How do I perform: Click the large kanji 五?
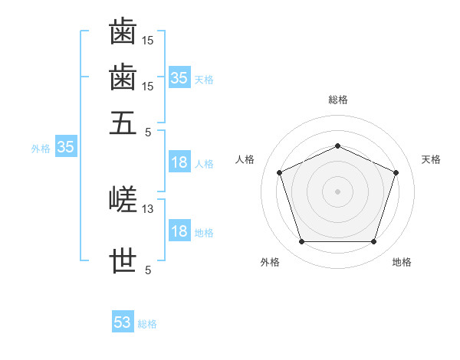click(123, 123)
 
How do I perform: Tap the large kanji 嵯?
click(123, 199)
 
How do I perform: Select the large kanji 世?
click(123, 260)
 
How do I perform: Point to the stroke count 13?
click(147, 209)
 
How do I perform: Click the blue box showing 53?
click(123, 321)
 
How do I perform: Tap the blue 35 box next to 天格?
click(179, 77)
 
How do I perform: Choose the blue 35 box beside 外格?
click(66, 146)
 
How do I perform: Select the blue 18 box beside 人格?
click(179, 162)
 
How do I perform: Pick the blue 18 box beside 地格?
click(179, 230)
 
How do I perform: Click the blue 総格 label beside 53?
click(147, 324)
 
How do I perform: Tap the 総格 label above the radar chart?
click(338, 100)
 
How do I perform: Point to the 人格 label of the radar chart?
click(245, 159)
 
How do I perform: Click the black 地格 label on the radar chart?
click(402, 262)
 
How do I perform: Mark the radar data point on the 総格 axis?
click(337, 146)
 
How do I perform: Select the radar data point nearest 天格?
click(396, 172)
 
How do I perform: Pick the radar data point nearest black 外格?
click(302, 241)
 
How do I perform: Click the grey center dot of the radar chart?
click(337, 191)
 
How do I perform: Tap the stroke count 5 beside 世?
click(148, 270)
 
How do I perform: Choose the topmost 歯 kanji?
click(123, 31)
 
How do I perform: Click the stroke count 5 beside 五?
click(148, 133)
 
